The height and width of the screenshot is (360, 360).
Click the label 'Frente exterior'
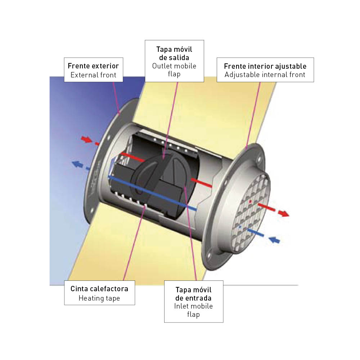93,66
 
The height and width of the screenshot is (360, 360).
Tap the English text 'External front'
93,75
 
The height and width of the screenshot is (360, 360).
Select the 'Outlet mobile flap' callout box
174,61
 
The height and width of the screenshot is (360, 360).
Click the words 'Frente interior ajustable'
265,66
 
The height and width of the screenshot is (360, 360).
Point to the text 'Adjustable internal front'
265,75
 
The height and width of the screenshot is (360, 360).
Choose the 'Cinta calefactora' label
99,289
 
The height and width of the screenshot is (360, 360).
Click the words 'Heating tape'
99,298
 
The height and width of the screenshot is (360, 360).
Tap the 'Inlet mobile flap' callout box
194,301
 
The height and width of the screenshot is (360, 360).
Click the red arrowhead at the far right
284,213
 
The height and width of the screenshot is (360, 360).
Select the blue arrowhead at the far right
274,240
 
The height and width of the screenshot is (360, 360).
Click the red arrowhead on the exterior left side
86,139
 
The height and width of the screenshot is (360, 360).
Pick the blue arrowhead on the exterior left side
77,164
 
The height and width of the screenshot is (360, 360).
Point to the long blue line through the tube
152,193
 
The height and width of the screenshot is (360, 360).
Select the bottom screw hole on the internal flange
209,255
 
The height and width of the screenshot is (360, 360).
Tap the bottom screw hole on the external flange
91,210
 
